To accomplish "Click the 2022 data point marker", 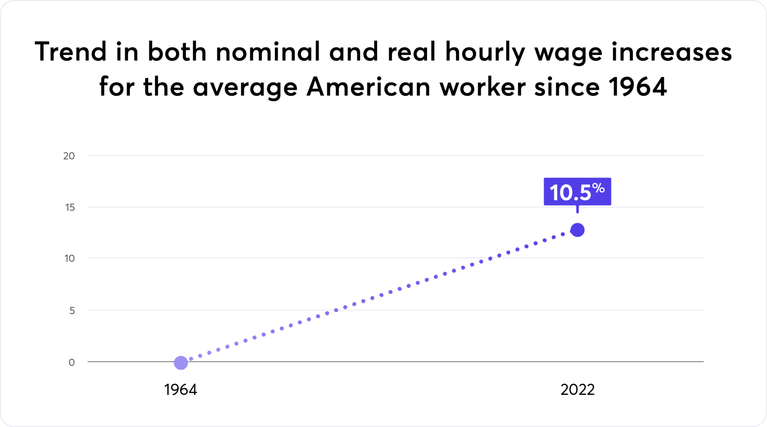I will [577, 230].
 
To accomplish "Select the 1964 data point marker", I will [181, 363].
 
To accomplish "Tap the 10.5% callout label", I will [577, 192].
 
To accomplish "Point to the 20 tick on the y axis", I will [69, 156].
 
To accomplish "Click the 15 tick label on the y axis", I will [70, 207].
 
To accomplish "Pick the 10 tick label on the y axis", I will [70, 258].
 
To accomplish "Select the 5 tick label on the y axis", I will [72, 310].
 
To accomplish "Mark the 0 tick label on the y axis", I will [72, 362].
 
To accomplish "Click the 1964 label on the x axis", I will [181, 390].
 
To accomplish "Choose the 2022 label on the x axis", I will [577, 390].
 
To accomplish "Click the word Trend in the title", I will [71, 52].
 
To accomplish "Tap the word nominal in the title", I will [268, 52].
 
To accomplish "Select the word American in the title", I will [369, 87].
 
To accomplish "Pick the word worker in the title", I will [483, 87].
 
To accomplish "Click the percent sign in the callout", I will [598, 188].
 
